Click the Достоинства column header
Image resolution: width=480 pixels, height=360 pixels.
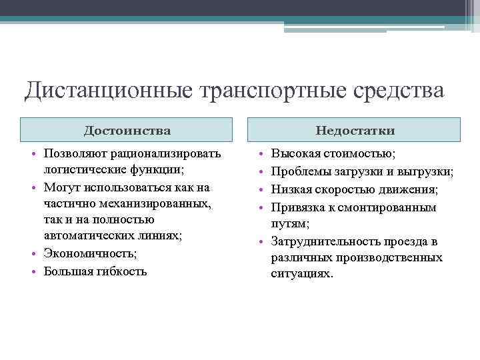[127, 130]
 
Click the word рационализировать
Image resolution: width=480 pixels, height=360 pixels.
[166, 154]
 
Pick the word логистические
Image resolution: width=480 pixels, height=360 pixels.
[83, 170]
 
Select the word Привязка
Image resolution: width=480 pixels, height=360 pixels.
[297, 207]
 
